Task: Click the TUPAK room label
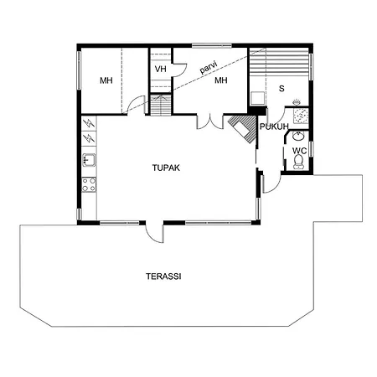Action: [x=166, y=168]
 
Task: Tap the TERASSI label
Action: [x=164, y=276]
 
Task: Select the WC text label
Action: [x=298, y=152]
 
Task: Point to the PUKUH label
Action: [x=274, y=127]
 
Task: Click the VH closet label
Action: [x=160, y=69]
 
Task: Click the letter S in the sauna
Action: [x=281, y=87]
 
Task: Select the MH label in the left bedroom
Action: [x=106, y=80]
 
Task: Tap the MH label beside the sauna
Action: [x=220, y=80]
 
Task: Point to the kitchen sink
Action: [x=89, y=160]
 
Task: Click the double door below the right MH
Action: [x=208, y=122]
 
